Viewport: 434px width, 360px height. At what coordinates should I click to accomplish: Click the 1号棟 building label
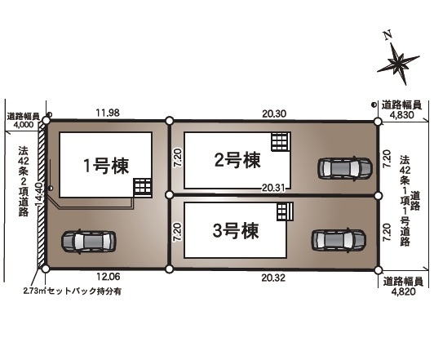click(x=106, y=166)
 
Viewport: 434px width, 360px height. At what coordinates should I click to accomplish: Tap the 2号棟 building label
click(x=237, y=160)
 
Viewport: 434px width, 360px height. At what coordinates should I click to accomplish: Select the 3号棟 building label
click(x=236, y=231)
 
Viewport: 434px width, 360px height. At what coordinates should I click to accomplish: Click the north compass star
click(x=398, y=64)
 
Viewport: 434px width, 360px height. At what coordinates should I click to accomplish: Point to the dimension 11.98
click(x=108, y=113)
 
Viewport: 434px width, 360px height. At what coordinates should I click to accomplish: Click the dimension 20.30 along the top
click(x=274, y=113)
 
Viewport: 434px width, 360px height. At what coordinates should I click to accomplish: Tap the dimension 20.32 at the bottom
click(x=273, y=278)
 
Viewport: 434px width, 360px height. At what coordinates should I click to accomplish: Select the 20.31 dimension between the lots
click(x=273, y=188)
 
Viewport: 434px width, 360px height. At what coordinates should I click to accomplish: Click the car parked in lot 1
click(x=88, y=242)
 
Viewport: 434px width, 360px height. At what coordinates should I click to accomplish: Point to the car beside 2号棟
click(x=344, y=168)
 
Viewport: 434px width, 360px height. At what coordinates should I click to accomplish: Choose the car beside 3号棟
click(x=339, y=240)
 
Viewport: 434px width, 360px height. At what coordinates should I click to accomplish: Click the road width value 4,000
click(x=23, y=125)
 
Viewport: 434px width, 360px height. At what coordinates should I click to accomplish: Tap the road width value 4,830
click(x=402, y=114)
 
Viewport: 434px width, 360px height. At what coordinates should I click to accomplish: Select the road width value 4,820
click(x=403, y=291)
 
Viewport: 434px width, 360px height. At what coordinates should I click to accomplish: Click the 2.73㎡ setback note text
click(x=73, y=291)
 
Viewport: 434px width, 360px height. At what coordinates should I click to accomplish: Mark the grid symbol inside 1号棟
click(x=143, y=187)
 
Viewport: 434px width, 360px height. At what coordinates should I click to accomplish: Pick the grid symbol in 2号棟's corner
click(x=281, y=141)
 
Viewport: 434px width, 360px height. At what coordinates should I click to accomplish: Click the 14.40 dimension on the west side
click(x=39, y=193)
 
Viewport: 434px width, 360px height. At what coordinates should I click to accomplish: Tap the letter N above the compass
click(x=388, y=35)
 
